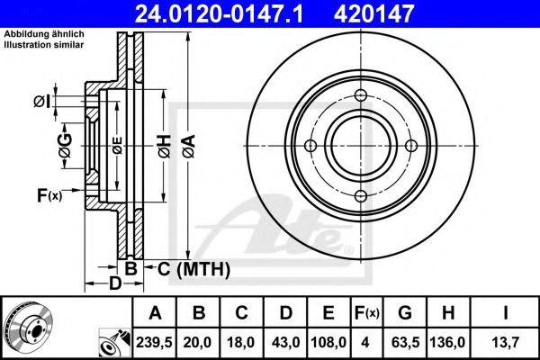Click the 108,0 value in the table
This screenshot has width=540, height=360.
tap(329, 342)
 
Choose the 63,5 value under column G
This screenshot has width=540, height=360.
tap(406, 342)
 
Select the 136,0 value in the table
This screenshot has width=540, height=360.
tap(448, 342)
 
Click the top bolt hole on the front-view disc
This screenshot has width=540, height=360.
tap(361, 97)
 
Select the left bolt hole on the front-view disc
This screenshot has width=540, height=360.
tap(310, 147)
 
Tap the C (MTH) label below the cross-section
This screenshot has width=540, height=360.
tap(193, 269)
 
